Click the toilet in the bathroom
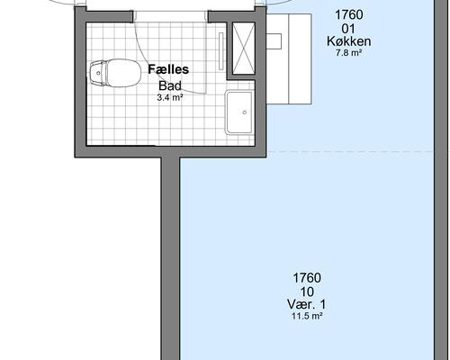(x=115, y=73)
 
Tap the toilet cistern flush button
(x=98, y=73)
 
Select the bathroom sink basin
(x=239, y=112)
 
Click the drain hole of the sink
(x=245, y=112)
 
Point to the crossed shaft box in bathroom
(x=244, y=48)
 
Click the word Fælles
(x=168, y=69)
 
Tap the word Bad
(x=170, y=85)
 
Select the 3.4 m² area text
(x=170, y=97)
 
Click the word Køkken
(x=348, y=41)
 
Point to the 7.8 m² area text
(x=348, y=53)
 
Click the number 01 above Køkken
(x=348, y=29)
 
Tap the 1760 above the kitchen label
(x=348, y=14)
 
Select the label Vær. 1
(x=307, y=304)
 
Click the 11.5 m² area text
(x=307, y=316)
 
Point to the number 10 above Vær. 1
(x=307, y=292)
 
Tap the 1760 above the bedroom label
(x=307, y=278)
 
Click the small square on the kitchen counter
(x=274, y=41)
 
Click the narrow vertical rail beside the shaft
(x=221, y=51)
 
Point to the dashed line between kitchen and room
(x=350, y=152)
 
